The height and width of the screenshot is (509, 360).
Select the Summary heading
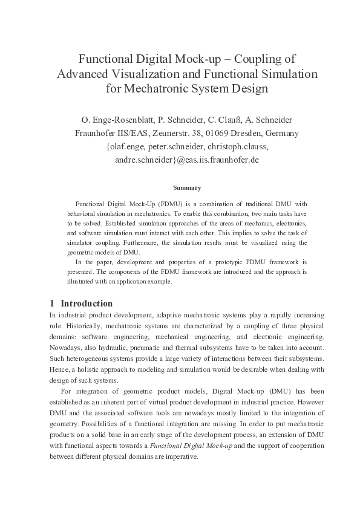pos(187,188)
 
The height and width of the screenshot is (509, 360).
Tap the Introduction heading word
pos(87,303)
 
